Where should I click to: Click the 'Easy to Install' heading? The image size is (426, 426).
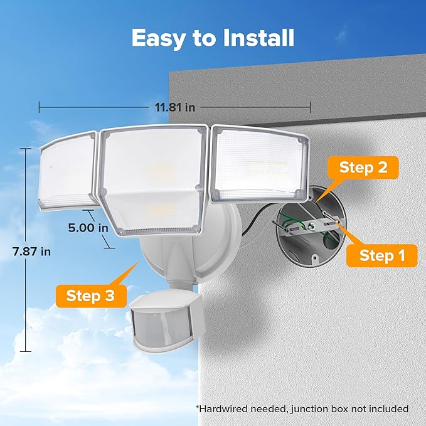pos(213,38)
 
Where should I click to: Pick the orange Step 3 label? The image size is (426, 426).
pos(91,295)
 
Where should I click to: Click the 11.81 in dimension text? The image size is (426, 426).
pos(175,107)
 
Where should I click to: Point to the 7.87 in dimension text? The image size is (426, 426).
pos(31,251)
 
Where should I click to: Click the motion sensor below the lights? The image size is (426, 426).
pos(161,322)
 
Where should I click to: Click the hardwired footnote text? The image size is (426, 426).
pos(302,408)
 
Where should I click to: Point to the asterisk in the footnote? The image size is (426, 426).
pos(198,407)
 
